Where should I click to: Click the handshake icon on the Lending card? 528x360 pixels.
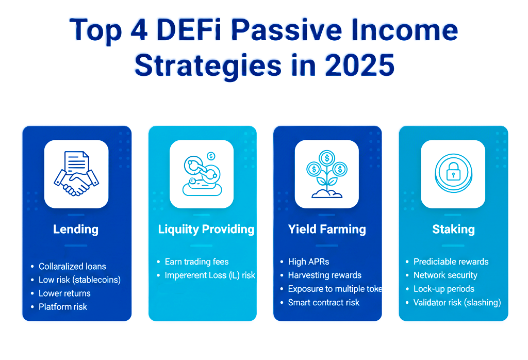point(76,174)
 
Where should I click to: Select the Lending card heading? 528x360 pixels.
point(76,229)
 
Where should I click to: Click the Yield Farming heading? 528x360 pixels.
point(327,229)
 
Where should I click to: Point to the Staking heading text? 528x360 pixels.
point(453,229)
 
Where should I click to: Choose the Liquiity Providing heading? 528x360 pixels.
point(206,229)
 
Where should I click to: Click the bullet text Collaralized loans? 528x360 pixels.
point(72,267)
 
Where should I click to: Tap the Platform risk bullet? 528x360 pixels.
point(63,307)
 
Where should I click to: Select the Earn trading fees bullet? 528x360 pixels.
point(196,262)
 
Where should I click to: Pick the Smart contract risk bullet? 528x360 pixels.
point(323,303)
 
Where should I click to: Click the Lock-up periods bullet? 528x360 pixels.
point(443,289)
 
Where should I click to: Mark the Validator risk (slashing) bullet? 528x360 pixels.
point(457,303)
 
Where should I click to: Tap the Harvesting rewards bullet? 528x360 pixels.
point(324,275)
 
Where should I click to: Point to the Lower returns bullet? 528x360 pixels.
point(64,293)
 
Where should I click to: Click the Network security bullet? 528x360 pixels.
point(445,275)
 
